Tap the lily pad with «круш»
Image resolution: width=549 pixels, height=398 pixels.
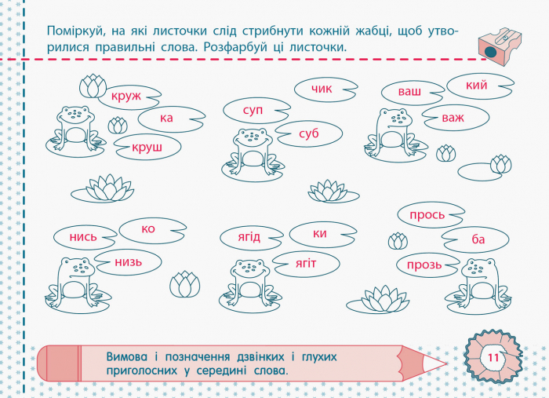click(x=147, y=148)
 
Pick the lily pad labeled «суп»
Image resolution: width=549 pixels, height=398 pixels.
click(x=256, y=111)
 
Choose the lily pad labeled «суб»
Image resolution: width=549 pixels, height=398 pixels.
click(x=308, y=133)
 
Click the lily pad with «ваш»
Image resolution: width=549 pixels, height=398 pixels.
click(x=413, y=93)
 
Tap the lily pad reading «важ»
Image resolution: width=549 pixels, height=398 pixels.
click(x=456, y=118)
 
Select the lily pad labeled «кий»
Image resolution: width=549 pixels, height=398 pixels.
click(x=480, y=86)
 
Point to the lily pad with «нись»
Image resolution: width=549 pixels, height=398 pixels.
click(x=85, y=237)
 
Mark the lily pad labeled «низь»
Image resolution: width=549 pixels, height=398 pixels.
click(x=128, y=262)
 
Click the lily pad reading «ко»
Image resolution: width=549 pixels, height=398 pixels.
click(x=153, y=230)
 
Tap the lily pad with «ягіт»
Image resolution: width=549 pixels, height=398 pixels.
click(x=306, y=264)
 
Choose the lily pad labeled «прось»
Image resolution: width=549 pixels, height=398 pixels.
click(x=431, y=215)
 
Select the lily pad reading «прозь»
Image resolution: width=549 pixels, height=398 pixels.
click(x=428, y=265)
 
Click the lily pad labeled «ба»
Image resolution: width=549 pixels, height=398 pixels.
click(x=475, y=239)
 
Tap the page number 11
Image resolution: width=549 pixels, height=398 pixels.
click(x=493, y=358)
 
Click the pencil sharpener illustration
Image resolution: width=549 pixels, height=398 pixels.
click(x=500, y=46)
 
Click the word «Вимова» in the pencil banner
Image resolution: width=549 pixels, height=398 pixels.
click(x=127, y=356)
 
